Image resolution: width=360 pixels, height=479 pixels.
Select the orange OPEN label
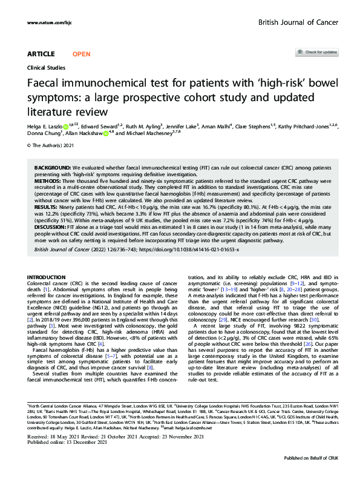[x=81, y=54]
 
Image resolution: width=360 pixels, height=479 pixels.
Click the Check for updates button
[x=316, y=53]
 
